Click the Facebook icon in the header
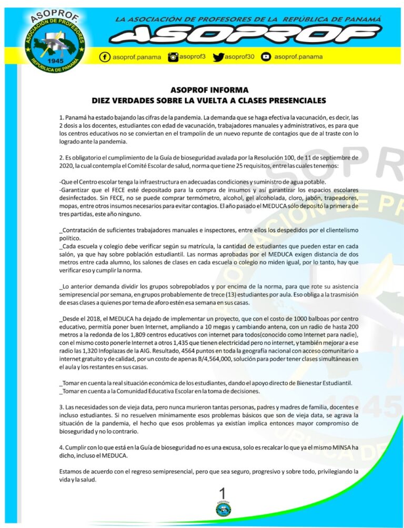(105, 57)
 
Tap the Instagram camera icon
(173, 57)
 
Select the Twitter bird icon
(218, 57)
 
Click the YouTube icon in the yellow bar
(266, 57)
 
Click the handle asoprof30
(239, 57)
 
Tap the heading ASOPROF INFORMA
(209, 90)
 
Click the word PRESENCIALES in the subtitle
(294, 100)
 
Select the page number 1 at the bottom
(223, 493)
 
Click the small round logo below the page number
(223, 509)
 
